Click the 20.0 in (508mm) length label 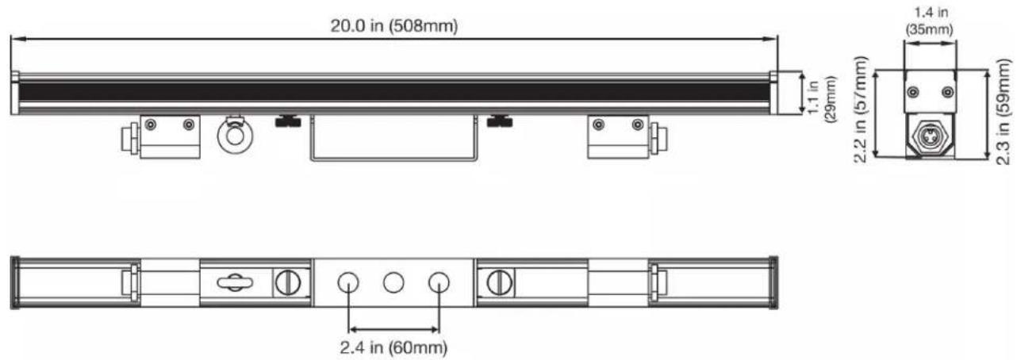[x=393, y=26]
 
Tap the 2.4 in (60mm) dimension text [x=393, y=348]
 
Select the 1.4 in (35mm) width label [x=930, y=21]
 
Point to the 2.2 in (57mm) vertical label [x=861, y=109]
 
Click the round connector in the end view [x=931, y=135]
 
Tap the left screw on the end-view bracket [x=912, y=92]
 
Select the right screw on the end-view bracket [x=948, y=92]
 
